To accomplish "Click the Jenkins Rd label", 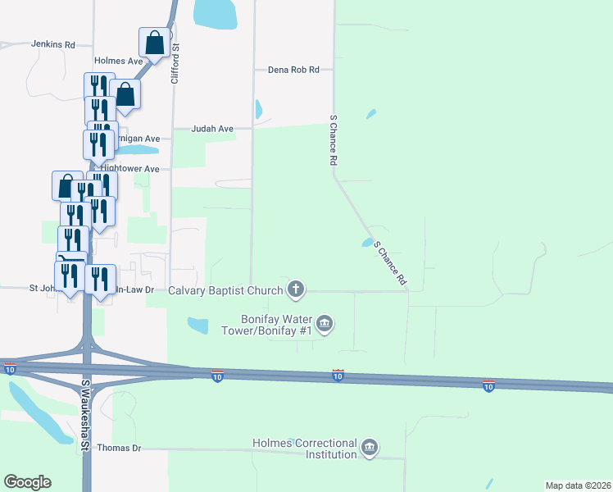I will (53, 44).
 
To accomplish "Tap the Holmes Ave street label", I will (119, 61).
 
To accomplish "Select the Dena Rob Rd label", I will (293, 71).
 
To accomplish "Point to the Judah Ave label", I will (212, 129).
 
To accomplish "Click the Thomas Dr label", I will (119, 448).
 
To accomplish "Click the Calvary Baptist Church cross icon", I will (297, 289).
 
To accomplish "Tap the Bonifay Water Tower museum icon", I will (325, 324).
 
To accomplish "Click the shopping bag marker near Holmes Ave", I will (154, 42).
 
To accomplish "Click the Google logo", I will (27, 482).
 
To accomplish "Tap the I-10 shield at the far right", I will (488, 385).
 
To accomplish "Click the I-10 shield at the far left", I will (9, 370).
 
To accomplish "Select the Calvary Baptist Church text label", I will (225, 289).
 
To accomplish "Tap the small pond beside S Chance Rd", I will (366, 243).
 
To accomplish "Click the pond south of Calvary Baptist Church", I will (198, 326).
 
